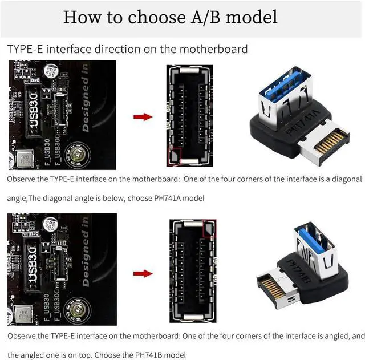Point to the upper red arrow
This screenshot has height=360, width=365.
[143, 117]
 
